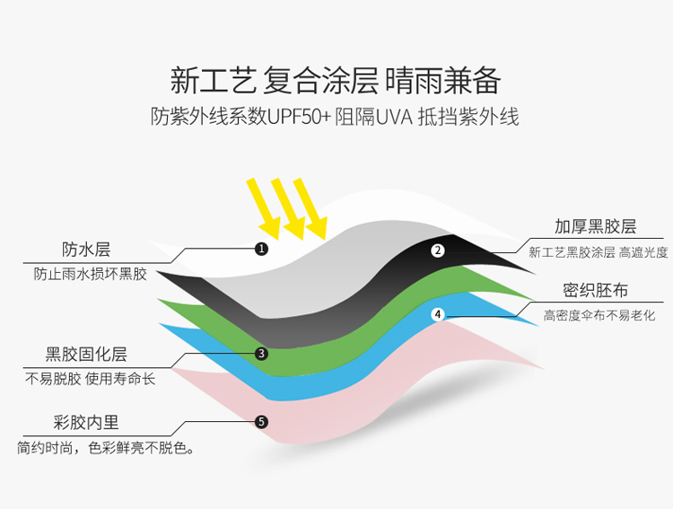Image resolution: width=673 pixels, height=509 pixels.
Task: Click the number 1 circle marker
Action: point(261,249)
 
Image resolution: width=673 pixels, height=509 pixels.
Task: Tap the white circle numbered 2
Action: point(438,250)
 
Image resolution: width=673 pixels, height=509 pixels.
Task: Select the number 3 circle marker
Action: point(261,354)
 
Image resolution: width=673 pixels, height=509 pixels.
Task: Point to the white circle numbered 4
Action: point(438,314)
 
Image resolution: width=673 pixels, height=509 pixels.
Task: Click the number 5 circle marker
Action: point(261,422)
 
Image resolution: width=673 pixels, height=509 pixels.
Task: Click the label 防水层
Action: point(86,250)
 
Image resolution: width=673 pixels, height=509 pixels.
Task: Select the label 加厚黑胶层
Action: point(595,226)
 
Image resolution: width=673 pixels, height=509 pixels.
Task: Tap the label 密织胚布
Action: point(595,290)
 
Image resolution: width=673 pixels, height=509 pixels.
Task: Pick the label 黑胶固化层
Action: point(86,355)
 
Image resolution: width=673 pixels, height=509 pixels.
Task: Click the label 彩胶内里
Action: point(86,422)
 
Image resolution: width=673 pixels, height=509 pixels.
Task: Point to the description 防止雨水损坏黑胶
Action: point(91,274)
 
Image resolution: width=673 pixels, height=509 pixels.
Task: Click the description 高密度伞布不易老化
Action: point(599,316)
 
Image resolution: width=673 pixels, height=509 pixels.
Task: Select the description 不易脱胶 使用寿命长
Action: point(90,379)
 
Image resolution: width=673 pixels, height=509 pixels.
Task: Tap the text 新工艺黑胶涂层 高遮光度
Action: point(599,252)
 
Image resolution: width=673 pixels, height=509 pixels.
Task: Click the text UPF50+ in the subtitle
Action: point(299,117)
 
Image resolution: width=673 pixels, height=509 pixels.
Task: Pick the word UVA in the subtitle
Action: point(395,117)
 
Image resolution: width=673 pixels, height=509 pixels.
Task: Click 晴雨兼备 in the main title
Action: point(443,80)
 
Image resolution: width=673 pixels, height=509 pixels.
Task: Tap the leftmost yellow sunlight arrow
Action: point(264,209)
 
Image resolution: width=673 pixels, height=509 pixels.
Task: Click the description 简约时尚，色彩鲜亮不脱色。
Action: point(106,448)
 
